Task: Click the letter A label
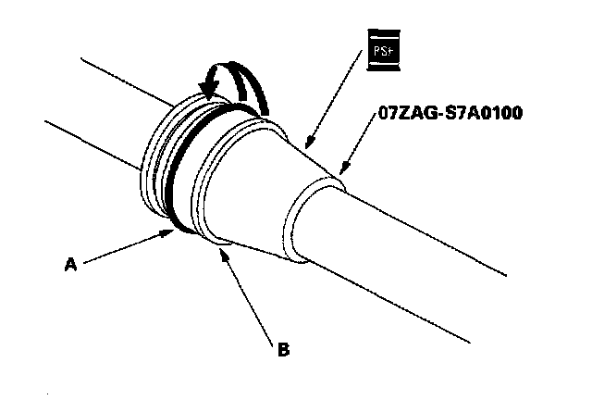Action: (x=69, y=264)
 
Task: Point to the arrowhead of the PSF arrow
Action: (x=308, y=146)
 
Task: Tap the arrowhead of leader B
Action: (x=223, y=247)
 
